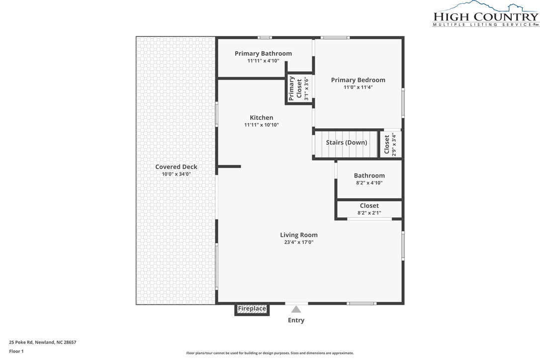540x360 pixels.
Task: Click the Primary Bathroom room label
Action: click(x=263, y=53)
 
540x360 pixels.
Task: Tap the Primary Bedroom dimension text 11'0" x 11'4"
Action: click(x=358, y=87)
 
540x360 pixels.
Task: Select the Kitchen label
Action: click(x=261, y=118)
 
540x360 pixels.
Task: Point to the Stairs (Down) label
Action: click(x=346, y=143)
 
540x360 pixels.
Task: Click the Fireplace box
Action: click(x=252, y=309)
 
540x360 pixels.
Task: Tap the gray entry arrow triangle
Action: click(x=296, y=309)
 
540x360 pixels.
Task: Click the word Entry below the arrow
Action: click(x=296, y=320)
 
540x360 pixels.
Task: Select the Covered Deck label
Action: click(x=176, y=167)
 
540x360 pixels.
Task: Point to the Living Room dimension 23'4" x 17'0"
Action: click(x=298, y=242)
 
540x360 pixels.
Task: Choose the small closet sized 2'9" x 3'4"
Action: click(x=390, y=144)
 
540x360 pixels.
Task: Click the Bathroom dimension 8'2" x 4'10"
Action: click(x=369, y=182)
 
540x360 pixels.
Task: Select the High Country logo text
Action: click(x=486, y=17)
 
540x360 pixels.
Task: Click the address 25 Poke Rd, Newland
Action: click(x=42, y=342)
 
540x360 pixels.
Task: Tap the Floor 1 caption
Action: click(x=16, y=351)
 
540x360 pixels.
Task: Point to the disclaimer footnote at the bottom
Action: click(x=270, y=353)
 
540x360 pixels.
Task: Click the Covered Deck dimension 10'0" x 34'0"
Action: click(x=176, y=174)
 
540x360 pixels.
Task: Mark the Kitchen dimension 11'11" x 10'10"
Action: click(x=261, y=125)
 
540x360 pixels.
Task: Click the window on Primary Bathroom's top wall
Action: click(x=265, y=37)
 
